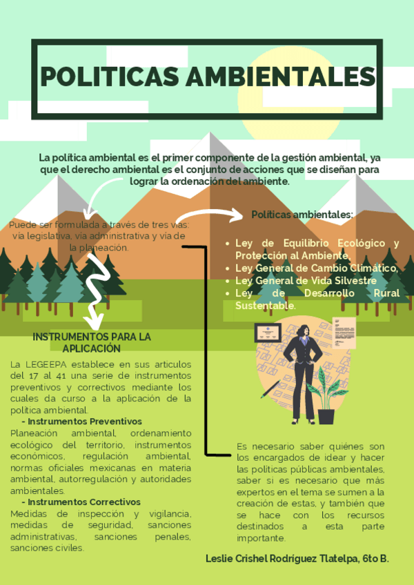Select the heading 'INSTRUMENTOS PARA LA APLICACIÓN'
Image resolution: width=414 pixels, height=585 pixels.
(92, 343)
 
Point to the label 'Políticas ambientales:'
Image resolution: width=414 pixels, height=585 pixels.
(302, 215)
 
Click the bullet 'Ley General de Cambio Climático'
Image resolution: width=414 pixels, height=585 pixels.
(316, 268)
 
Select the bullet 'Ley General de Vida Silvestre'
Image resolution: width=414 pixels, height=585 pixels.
(306, 280)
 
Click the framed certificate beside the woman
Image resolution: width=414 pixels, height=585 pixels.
(266, 333)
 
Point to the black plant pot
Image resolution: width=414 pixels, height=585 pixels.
(326, 417)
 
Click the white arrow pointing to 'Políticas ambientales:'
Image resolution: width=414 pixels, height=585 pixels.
(214, 215)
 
